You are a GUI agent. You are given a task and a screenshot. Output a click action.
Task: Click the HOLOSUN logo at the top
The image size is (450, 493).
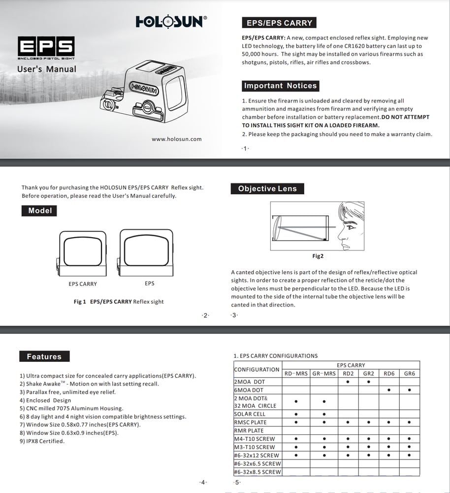[x=171, y=22]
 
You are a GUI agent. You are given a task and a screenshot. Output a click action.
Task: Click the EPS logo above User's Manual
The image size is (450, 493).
[x=46, y=47]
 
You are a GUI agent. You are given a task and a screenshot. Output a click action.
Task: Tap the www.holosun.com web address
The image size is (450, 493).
[x=176, y=139]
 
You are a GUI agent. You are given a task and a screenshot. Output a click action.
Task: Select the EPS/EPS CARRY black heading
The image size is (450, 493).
[x=279, y=23]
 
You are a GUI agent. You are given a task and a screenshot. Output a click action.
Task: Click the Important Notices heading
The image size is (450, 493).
[x=280, y=86]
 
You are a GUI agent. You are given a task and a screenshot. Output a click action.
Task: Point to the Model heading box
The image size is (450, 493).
[x=40, y=211]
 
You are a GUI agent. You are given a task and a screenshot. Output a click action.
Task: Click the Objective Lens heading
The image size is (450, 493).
[x=267, y=189]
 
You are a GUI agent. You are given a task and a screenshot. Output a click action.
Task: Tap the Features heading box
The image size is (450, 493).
[x=44, y=356]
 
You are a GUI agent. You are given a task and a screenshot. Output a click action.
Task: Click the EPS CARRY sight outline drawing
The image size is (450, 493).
[x=82, y=253]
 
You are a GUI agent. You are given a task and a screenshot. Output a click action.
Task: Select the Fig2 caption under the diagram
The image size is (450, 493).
[x=318, y=256]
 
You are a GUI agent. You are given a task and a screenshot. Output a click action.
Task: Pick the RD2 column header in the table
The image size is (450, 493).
[x=348, y=374]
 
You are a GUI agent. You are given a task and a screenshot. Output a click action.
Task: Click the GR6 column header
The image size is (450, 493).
[x=409, y=374]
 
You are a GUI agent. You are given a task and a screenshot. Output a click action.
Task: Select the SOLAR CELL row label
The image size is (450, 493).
[x=250, y=414]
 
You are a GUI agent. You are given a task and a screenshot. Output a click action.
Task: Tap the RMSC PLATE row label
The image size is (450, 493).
[x=250, y=423]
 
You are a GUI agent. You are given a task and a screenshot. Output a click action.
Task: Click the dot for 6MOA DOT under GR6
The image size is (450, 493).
[x=409, y=390]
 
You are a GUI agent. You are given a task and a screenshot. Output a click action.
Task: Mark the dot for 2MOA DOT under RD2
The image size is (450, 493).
[x=348, y=382]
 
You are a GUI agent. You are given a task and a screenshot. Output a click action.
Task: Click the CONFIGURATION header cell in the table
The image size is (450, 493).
[x=257, y=369]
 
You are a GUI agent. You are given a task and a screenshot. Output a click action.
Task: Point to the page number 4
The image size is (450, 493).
[x=203, y=482]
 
